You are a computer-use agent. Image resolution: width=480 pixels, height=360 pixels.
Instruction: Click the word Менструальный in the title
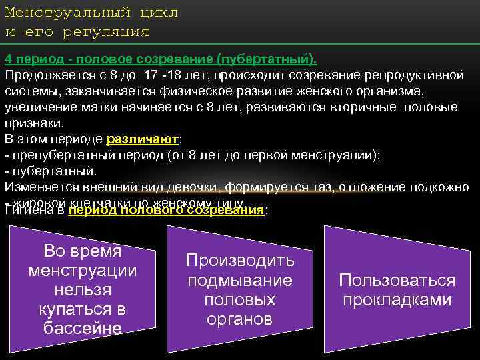[x=64, y=13]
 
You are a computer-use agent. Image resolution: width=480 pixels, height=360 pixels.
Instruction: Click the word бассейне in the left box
[x=83, y=328]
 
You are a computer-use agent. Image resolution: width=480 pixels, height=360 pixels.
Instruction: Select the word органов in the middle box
[x=239, y=319]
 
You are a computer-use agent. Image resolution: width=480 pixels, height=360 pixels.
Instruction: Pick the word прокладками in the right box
[x=397, y=300]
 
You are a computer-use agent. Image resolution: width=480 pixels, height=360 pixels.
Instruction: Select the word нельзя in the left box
[x=83, y=290]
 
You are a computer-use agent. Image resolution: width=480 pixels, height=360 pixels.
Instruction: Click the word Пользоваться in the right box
[x=397, y=280]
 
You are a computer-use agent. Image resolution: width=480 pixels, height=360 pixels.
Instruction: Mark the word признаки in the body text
[x=33, y=123]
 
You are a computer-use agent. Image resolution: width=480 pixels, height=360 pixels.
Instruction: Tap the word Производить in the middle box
[x=239, y=260]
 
